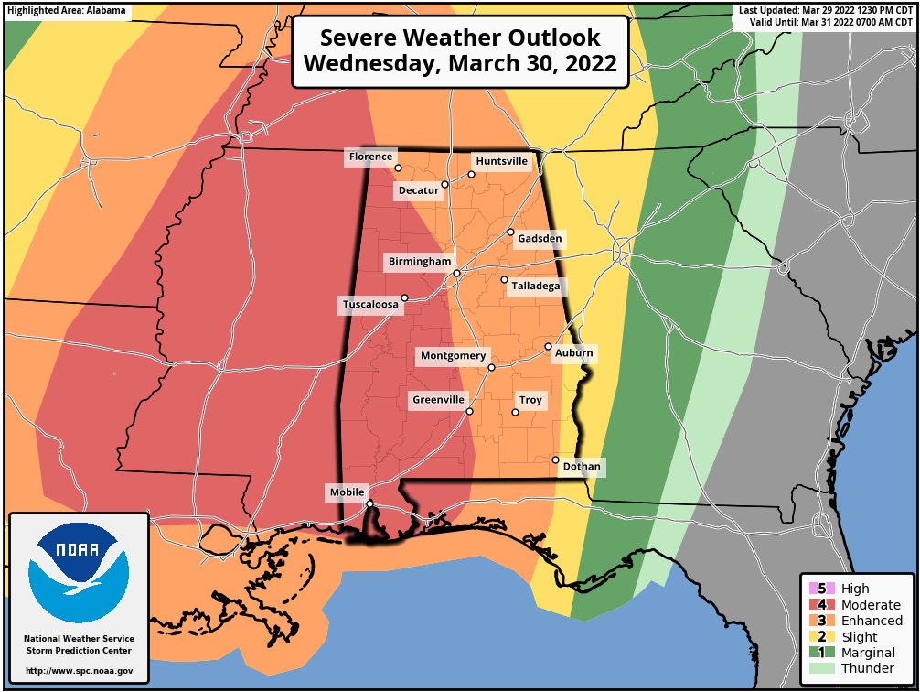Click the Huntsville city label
501,161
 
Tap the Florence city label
369,157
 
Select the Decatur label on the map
418,191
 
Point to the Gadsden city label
540,239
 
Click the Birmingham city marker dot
456,273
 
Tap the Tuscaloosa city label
371,306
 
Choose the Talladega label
534,287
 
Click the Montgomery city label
454,356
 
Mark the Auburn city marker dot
548,347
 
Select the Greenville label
438,401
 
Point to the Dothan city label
582,467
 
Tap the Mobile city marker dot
369,503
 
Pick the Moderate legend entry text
872,605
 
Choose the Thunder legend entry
867,668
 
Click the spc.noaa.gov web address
79,671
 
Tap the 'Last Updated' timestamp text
827,9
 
